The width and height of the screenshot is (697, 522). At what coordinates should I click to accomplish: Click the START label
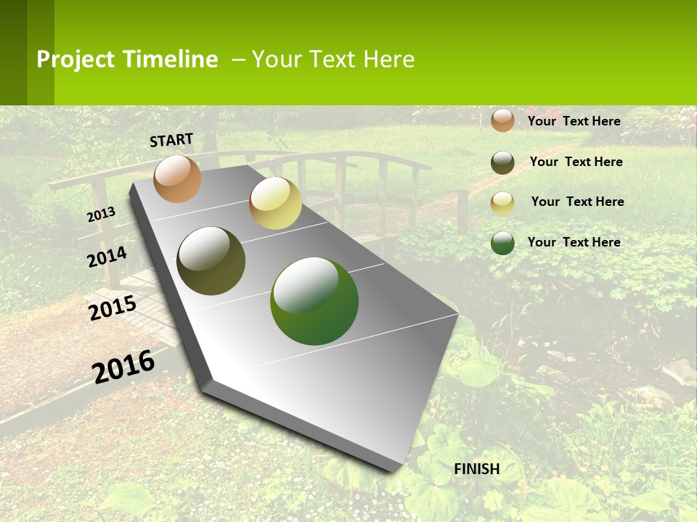(x=171, y=140)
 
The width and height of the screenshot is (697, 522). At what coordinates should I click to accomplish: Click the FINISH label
(x=477, y=469)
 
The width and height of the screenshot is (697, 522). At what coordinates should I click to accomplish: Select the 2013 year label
(x=102, y=214)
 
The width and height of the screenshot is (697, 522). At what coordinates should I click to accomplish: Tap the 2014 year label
(x=107, y=257)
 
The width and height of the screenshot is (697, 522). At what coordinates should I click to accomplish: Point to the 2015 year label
(x=113, y=308)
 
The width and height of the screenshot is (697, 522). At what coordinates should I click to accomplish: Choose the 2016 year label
(x=124, y=367)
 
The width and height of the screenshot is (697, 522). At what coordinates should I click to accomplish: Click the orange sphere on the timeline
(x=178, y=178)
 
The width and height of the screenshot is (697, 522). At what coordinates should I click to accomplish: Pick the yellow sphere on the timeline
(x=275, y=203)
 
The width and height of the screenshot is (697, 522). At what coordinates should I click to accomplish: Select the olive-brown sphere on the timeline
(x=211, y=261)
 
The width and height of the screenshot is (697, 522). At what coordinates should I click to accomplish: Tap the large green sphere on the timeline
(x=314, y=301)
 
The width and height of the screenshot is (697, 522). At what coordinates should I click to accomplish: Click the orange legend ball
(x=502, y=121)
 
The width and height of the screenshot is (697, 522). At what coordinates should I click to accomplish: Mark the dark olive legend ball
(x=502, y=162)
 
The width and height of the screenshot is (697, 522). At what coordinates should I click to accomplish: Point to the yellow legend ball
(x=502, y=203)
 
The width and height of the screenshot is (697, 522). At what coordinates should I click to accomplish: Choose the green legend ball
(x=502, y=243)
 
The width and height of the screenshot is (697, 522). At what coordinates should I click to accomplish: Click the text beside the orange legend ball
(x=574, y=121)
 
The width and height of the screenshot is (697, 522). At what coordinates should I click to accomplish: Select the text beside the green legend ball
(x=574, y=242)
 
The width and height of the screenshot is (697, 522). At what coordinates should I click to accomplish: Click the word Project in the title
(x=76, y=59)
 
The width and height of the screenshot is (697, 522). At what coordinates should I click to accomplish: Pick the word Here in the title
(x=388, y=59)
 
